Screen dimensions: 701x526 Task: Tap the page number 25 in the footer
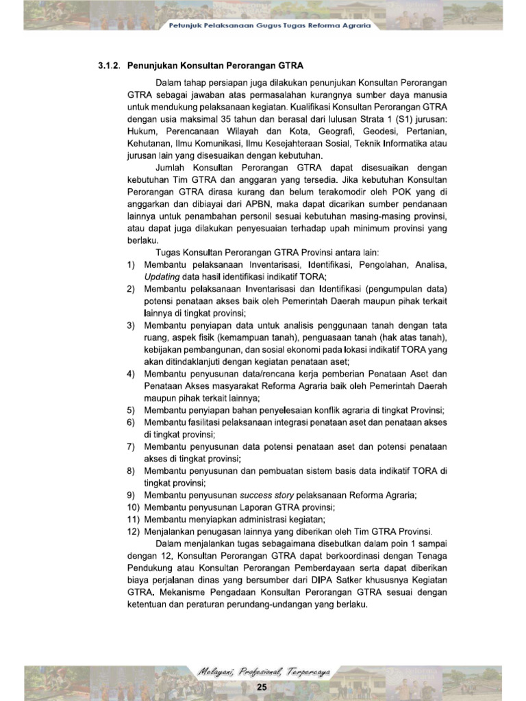pyautogui.click(x=261, y=687)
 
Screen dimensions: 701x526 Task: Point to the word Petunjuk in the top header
pyautogui.click(x=186, y=25)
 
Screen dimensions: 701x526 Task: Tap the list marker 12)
pyautogui.click(x=133, y=532)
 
